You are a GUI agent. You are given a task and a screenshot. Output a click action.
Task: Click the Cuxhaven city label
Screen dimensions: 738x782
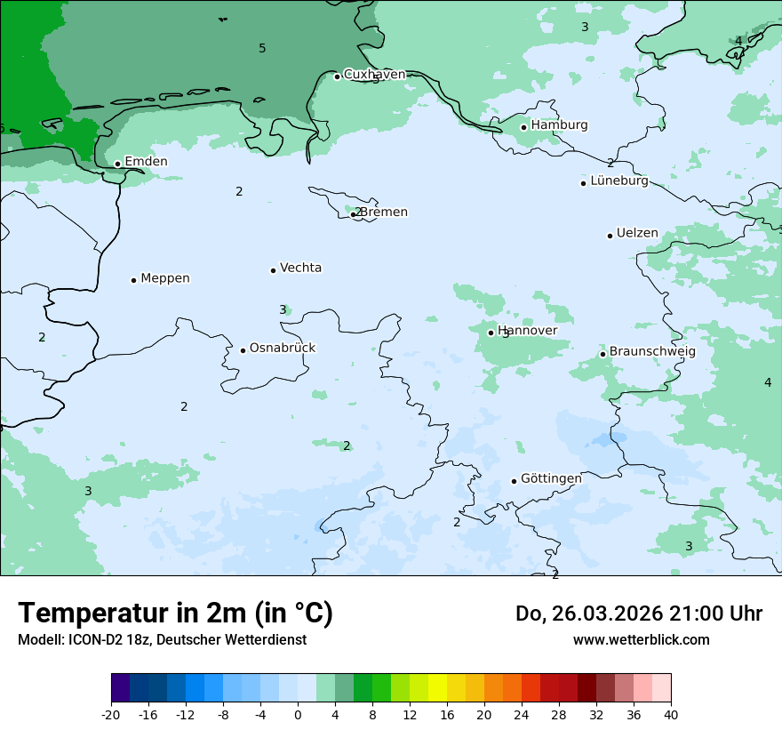point(374,75)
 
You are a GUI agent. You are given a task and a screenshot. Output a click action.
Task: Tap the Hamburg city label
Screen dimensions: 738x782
point(559,125)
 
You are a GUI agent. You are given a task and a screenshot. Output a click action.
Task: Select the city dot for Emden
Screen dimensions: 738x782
point(117,164)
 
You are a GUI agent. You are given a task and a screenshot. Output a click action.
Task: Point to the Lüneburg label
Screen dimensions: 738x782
point(619,181)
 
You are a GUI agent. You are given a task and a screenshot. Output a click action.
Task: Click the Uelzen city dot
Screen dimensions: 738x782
point(610,236)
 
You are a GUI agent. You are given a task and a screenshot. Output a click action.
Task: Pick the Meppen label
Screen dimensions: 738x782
point(165,278)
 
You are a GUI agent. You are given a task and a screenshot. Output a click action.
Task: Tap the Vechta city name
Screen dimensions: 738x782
point(300,268)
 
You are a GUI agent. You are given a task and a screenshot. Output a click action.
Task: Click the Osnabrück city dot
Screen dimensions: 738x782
point(243,350)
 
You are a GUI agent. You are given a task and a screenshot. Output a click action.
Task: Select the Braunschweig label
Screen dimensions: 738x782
point(652,352)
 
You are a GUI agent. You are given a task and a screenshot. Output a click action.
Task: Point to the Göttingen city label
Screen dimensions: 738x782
point(551,478)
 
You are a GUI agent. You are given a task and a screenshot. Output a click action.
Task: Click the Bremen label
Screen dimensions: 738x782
point(384,213)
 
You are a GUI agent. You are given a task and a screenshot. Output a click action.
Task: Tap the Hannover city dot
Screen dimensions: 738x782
point(491,333)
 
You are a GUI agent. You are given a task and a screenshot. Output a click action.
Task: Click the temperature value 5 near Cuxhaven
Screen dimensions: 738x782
point(262,48)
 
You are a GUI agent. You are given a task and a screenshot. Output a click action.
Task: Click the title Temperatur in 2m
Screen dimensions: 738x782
point(175,614)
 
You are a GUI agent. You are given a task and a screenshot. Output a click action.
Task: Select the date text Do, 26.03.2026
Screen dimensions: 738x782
point(586,614)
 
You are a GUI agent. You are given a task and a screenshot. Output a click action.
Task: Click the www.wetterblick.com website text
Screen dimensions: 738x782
point(641,639)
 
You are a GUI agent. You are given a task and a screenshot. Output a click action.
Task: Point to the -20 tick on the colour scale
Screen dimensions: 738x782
point(111,715)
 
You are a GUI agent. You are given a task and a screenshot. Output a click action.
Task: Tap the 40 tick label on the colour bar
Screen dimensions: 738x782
point(671,715)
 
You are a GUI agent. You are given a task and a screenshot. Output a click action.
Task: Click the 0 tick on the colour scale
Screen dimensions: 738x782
point(298,715)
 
